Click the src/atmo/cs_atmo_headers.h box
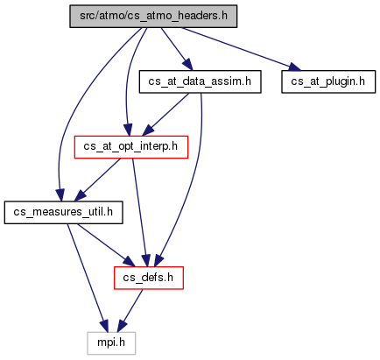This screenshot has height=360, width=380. point(153,17)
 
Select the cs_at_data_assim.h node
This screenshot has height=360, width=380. point(200,81)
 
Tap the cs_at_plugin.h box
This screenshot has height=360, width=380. point(328,81)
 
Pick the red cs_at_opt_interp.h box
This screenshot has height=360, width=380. point(131,147)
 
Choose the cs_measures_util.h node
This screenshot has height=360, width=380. point(63,213)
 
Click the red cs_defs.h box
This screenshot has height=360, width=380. point(149,278)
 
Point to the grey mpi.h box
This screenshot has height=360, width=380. point(111,343)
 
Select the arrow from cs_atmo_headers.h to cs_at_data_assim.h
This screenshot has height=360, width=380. point(177,49)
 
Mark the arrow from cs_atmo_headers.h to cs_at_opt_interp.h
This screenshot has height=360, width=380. point(129,81)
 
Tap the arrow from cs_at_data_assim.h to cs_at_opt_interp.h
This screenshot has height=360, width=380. point(165,115)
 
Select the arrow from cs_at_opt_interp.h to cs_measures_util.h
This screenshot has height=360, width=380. point(97,180)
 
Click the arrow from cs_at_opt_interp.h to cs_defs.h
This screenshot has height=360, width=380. point(139,213)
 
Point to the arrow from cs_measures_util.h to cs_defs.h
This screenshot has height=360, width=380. point(106,245)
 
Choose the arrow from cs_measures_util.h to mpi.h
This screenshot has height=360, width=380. point(87,278)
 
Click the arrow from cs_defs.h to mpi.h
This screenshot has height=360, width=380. point(130,311)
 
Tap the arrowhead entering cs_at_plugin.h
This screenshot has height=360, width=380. point(295,67)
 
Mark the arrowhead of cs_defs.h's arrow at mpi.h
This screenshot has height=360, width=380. point(122,326)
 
